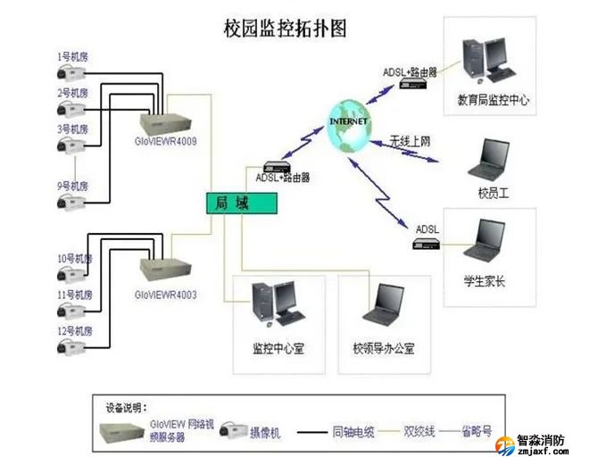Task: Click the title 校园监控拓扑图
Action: [x=285, y=28]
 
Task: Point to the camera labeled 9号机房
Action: [x=71, y=203]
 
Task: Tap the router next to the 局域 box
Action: [x=274, y=166]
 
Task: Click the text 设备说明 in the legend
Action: [x=127, y=407]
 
